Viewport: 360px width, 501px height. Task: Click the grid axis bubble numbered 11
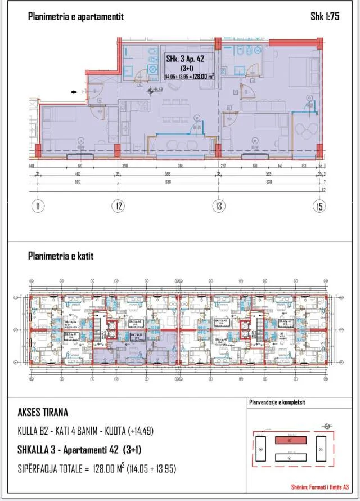[x=37, y=207]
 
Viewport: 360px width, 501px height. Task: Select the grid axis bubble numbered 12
[x=118, y=207]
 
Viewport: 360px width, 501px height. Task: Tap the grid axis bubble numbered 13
[x=218, y=207]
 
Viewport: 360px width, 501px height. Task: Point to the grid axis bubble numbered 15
[x=319, y=207]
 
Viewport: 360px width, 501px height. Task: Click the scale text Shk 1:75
[x=325, y=17]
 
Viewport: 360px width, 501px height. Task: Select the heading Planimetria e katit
[x=61, y=256]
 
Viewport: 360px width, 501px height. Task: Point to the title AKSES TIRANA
[x=43, y=413]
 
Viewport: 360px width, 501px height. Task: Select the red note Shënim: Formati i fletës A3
[x=321, y=486]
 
